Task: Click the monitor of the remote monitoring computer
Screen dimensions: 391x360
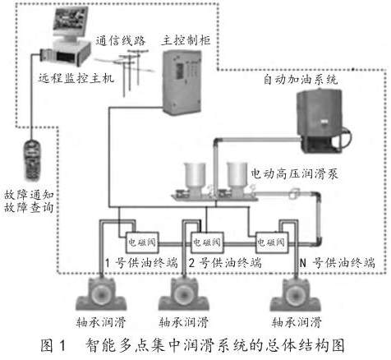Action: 70,23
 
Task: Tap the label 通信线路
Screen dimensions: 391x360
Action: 121,41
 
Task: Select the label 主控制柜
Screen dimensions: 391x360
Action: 186,40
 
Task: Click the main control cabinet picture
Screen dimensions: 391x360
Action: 182,82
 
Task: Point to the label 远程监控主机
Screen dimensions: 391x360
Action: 76,78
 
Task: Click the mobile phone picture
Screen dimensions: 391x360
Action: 32,160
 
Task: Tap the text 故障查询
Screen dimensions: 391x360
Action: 29,207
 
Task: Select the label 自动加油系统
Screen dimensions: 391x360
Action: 301,80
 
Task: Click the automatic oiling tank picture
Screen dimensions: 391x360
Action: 323,120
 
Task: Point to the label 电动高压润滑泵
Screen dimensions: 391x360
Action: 294,173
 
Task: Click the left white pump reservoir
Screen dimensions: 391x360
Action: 195,175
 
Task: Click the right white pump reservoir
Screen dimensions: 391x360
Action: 237,175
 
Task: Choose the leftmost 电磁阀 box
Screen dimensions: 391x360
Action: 142,242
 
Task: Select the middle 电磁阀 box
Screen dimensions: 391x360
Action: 207,242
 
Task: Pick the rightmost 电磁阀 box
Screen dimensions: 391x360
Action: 272,242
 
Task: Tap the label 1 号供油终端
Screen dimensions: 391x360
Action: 141,263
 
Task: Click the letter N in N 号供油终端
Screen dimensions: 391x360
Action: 302,263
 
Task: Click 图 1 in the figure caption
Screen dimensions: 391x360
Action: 53,345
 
